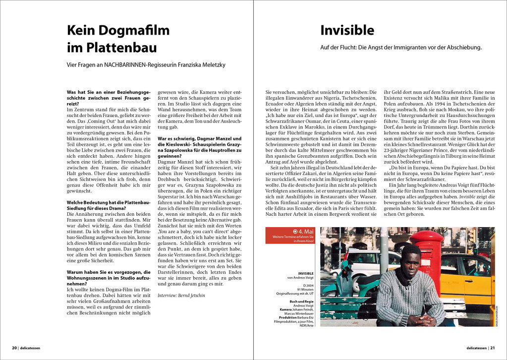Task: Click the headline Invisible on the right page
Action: [x=347, y=31]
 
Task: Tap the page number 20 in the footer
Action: [x=14, y=348]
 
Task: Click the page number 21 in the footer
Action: [x=492, y=348]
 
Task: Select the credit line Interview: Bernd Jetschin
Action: [x=181, y=295]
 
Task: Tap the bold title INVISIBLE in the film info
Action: [x=306, y=273]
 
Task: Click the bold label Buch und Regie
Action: [x=302, y=301]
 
